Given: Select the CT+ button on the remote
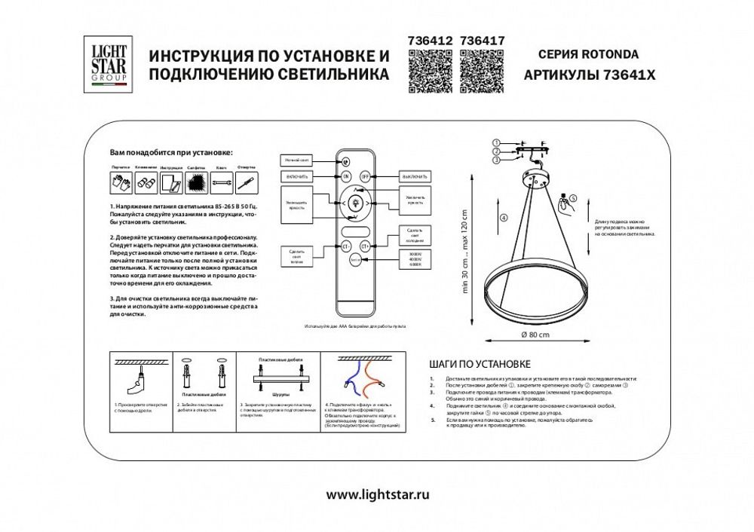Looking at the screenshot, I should (366, 245).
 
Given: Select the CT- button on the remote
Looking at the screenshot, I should (346, 245).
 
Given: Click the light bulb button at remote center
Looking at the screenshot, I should (356, 202).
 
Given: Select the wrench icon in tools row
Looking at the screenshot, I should (220, 182).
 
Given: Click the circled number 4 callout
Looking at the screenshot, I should (504, 218).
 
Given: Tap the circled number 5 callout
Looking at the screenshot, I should (572, 199).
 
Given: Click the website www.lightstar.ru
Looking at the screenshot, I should (378, 494).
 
